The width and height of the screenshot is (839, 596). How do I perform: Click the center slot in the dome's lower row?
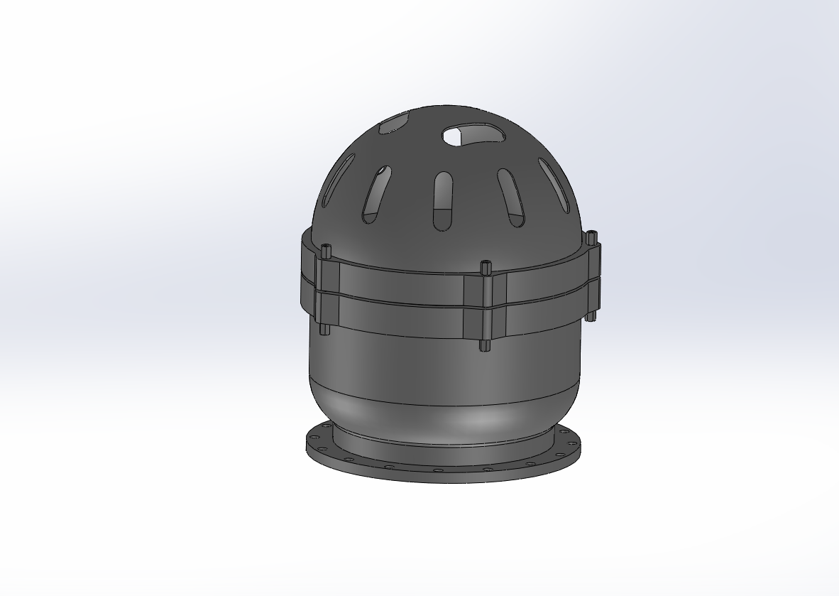click(x=442, y=201)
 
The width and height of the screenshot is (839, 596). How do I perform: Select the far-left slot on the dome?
click(x=339, y=180)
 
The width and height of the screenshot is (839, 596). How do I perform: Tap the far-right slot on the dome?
click(x=554, y=185)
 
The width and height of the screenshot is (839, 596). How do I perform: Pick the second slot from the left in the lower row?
click(x=377, y=194)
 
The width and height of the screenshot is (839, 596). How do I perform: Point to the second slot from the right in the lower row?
click(x=510, y=197)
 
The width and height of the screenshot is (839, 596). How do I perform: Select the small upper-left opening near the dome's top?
click(x=394, y=124)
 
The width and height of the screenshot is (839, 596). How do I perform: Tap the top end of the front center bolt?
click(x=486, y=266)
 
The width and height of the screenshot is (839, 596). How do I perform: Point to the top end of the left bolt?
click(x=326, y=249)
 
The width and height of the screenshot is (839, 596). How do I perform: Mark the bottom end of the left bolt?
click(x=325, y=330)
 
